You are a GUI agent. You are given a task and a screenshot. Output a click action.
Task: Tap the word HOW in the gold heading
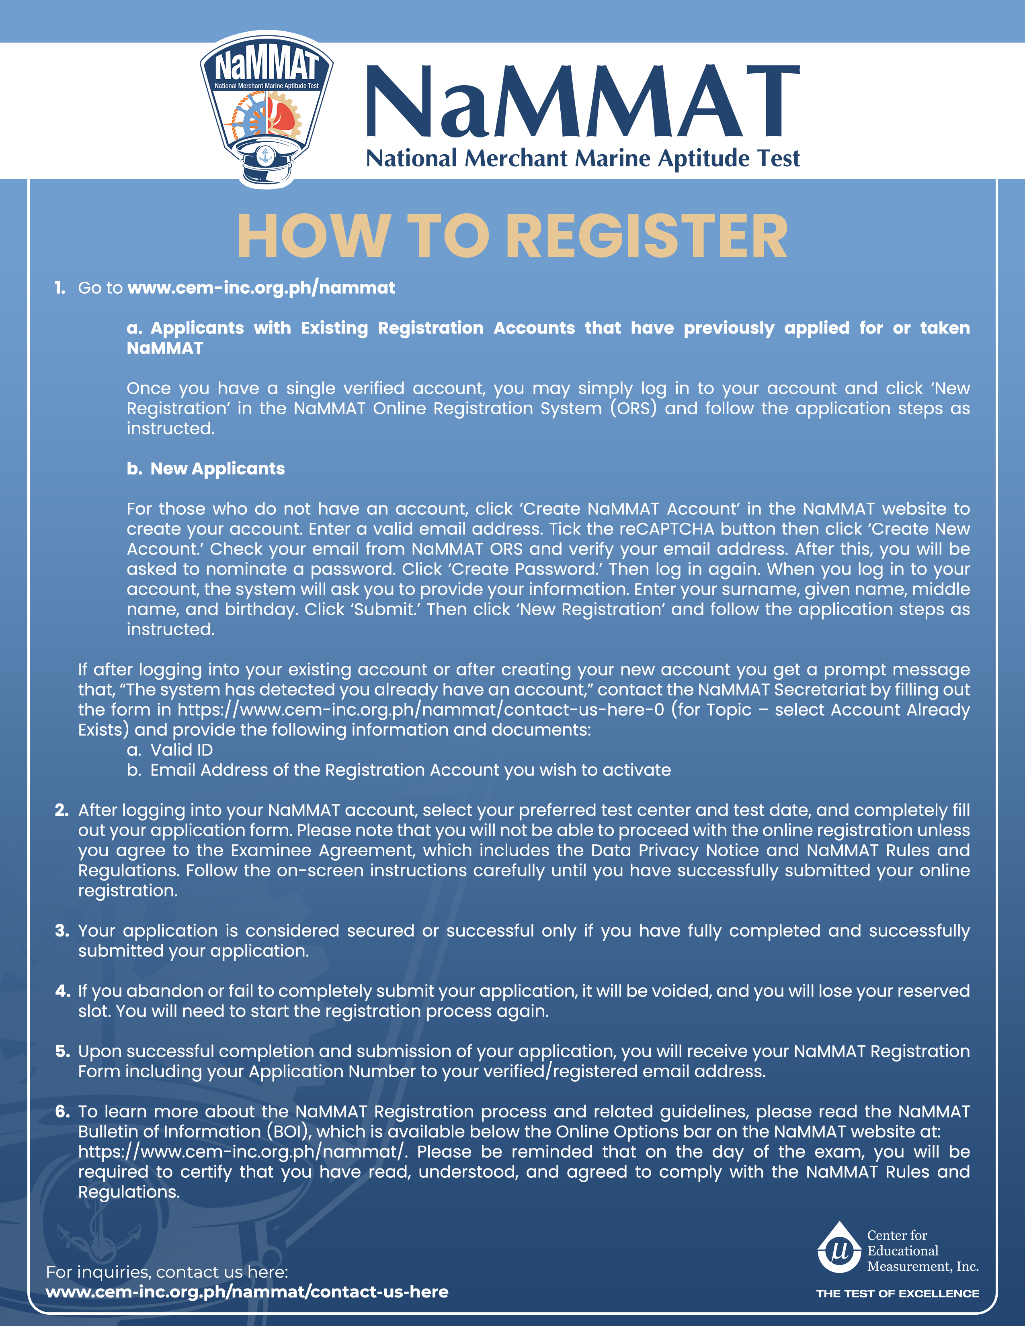tap(313, 237)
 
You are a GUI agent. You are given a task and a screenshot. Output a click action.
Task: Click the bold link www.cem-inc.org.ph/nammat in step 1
tap(261, 288)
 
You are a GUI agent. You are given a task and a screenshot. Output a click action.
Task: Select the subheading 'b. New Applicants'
tap(206, 469)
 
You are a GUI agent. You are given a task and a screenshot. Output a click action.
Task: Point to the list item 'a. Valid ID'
tap(170, 750)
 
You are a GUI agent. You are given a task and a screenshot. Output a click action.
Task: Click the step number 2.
tap(61, 810)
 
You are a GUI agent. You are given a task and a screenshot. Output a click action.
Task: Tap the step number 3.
tap(61, 931)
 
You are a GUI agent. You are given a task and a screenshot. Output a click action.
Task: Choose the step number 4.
tap(62, 991)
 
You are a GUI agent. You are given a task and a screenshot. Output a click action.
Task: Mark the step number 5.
tap(62, 1051)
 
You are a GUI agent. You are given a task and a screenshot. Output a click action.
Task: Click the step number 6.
tap(62, 1111)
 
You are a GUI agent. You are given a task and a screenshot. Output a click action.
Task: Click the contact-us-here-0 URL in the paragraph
tap(421, 710)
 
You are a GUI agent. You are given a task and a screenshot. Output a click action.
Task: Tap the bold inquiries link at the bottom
tap(247, 1291)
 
